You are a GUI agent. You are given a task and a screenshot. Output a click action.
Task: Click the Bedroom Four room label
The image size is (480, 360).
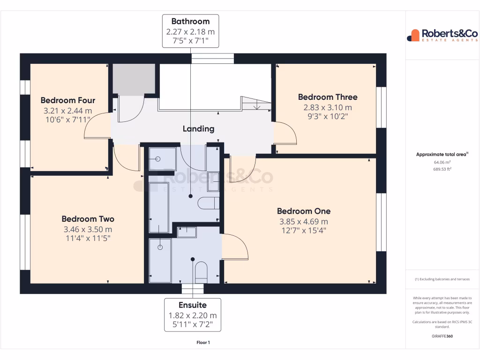(68, 100)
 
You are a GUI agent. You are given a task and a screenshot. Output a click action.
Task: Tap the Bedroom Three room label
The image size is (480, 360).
(328, 97)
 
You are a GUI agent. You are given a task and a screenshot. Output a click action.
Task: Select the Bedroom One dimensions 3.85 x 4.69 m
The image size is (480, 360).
(304, 222)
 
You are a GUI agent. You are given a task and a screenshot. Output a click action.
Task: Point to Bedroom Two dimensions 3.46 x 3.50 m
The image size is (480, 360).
(88, 230)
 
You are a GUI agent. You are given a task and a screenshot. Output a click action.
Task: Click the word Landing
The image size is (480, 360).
(198, 129)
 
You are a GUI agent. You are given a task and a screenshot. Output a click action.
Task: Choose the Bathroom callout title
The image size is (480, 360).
(190, 22)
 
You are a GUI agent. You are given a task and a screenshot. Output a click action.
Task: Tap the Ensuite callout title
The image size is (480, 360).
(192, 305)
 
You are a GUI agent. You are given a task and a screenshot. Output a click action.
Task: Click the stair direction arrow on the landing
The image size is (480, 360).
(256, 105)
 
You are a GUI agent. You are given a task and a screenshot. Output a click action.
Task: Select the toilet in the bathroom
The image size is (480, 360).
(209, 203)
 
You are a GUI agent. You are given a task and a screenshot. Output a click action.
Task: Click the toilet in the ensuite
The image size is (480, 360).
(201, 271)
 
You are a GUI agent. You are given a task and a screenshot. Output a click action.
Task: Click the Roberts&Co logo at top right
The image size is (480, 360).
(442, 35)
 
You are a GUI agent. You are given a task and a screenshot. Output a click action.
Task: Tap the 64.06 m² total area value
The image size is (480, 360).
(442, 162)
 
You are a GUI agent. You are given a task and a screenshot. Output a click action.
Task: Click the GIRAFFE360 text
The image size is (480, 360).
(442, 336)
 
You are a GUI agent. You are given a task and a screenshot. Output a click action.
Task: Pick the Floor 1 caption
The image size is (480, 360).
(203, 343)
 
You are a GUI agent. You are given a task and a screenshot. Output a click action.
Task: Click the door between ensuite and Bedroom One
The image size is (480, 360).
(235, 246)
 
